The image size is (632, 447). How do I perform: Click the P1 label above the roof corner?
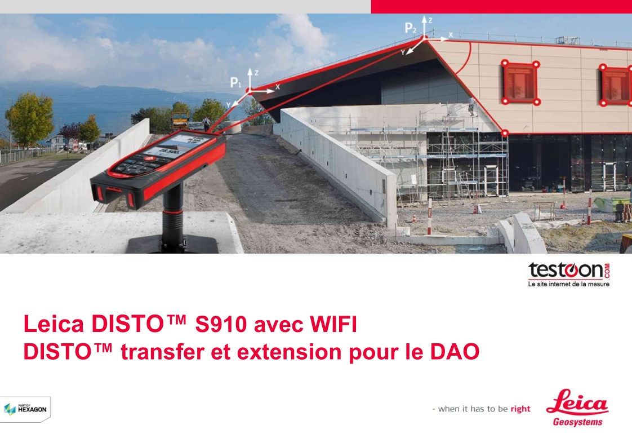(x=236, y=83)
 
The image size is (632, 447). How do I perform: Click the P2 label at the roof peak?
(x=410, y=28)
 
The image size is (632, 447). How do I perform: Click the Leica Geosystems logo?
(x=577, y=408)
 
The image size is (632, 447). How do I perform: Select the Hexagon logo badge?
(x=25, y=409)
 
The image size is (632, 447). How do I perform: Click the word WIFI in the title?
(x=333, y=324)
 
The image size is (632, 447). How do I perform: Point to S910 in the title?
(x=221, y=324)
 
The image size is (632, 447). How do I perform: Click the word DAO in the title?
(x=455, y=352)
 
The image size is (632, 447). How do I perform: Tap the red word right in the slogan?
(x=520, y=409)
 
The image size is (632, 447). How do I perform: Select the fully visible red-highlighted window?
(x=520, y=83)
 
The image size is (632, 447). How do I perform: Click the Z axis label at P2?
(x=430, y=20)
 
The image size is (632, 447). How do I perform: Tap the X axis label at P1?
(x=277, y=87)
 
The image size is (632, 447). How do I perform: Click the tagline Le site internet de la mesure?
(x=569, y=284)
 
